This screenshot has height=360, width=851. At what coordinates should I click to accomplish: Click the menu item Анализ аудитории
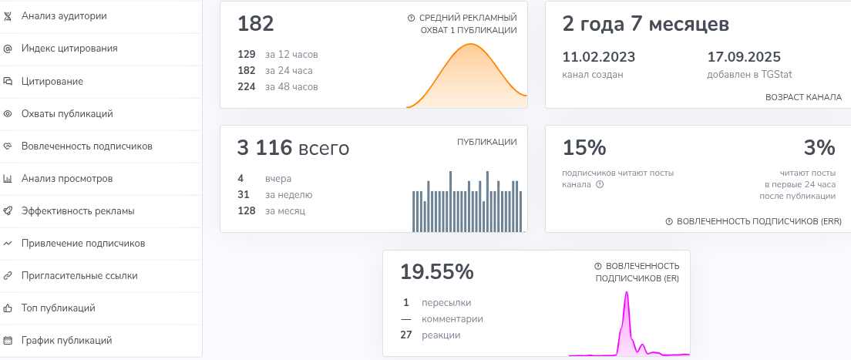[x=64, y=15]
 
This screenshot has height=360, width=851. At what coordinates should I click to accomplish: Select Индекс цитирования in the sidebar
[x=69, y=48]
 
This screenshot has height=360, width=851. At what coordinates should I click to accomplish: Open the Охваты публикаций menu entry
[x=67, y=113]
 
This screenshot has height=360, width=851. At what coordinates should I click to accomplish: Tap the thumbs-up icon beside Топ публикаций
[x=8, y=308]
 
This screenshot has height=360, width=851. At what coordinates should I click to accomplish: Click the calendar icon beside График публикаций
[x=8, y=340]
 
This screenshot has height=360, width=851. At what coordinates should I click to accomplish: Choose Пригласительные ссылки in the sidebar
[x=79, y=275]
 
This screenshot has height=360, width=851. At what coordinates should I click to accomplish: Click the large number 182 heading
[x=256, y=24]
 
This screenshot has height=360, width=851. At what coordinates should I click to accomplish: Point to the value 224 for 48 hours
[x=247, y=86]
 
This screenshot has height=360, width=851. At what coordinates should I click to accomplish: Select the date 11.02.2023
[x=592, y=57]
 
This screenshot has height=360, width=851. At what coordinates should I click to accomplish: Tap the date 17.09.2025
[x=744, y=57]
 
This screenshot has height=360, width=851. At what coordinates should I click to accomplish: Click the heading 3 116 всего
[x=294, y=148]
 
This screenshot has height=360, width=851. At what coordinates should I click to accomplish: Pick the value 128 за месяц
[x=247, y=210]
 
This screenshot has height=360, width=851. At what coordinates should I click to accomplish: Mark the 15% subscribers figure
[x=584, y=147]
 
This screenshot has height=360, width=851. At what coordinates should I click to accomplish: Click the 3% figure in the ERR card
[x=819, y=147]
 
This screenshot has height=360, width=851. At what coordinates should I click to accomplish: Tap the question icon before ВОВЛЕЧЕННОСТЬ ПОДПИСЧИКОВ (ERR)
[x=669, y=221]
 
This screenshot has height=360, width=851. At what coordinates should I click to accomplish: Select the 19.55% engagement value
[x=436, y=271]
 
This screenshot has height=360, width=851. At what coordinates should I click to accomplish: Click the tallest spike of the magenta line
[x=627, y=293]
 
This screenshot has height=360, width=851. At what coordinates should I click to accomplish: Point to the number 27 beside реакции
[x=407, y=335]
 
